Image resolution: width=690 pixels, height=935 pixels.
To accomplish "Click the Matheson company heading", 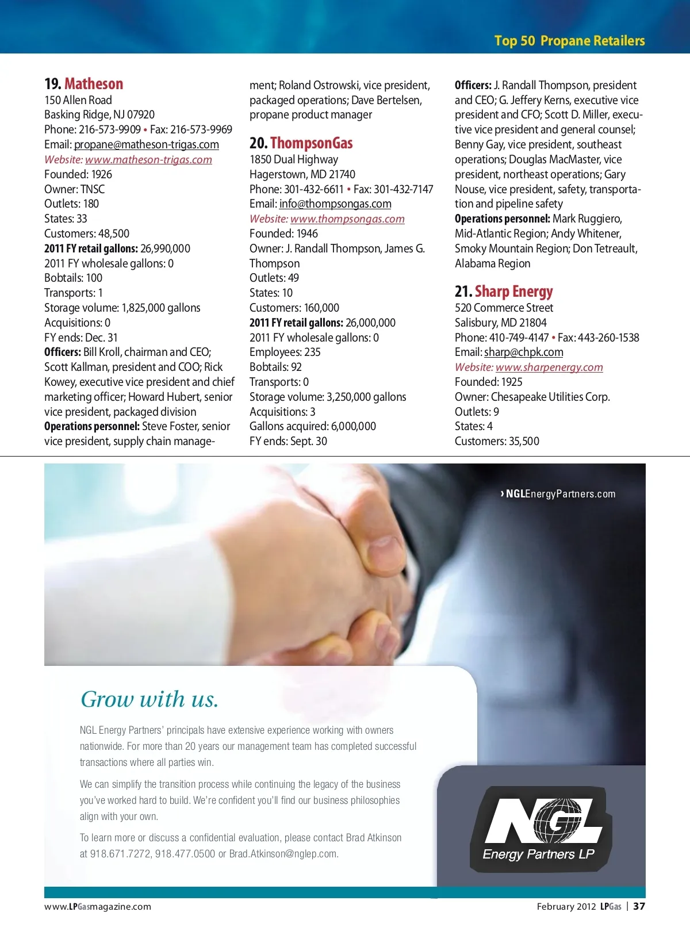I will [94, 84].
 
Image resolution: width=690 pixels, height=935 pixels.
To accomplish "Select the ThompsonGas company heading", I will [311, 143].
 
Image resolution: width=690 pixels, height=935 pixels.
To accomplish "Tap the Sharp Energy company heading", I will [513, 292].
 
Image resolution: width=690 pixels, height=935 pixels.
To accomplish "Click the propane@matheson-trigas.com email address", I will [146, 144].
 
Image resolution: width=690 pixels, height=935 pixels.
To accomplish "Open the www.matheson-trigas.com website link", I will [148, 159].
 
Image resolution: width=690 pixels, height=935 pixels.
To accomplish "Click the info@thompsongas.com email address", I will [335, 204].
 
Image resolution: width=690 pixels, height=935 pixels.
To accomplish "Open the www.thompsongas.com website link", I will [347, 219].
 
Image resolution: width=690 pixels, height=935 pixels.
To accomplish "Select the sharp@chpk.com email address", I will [523, 352].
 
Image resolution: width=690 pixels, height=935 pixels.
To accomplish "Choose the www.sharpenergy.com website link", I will [549, 367].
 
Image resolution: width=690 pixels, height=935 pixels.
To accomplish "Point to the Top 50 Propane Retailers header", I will [569, 41].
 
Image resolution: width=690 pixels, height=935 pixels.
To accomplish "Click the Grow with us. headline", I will [149, 699].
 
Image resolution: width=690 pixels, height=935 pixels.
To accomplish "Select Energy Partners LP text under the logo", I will [538, 854].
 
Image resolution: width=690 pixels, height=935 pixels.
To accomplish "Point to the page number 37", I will [639, 906].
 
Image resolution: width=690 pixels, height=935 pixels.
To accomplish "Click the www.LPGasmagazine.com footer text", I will [98, 907].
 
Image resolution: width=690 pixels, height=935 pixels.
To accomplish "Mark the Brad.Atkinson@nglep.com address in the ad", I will [283, 854].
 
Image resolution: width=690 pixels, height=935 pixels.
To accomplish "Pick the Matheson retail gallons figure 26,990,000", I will [165, 248].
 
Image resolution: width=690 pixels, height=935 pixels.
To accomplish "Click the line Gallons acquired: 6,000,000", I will [313, 426].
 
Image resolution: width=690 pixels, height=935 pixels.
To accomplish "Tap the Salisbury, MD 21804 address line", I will [500, 323].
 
